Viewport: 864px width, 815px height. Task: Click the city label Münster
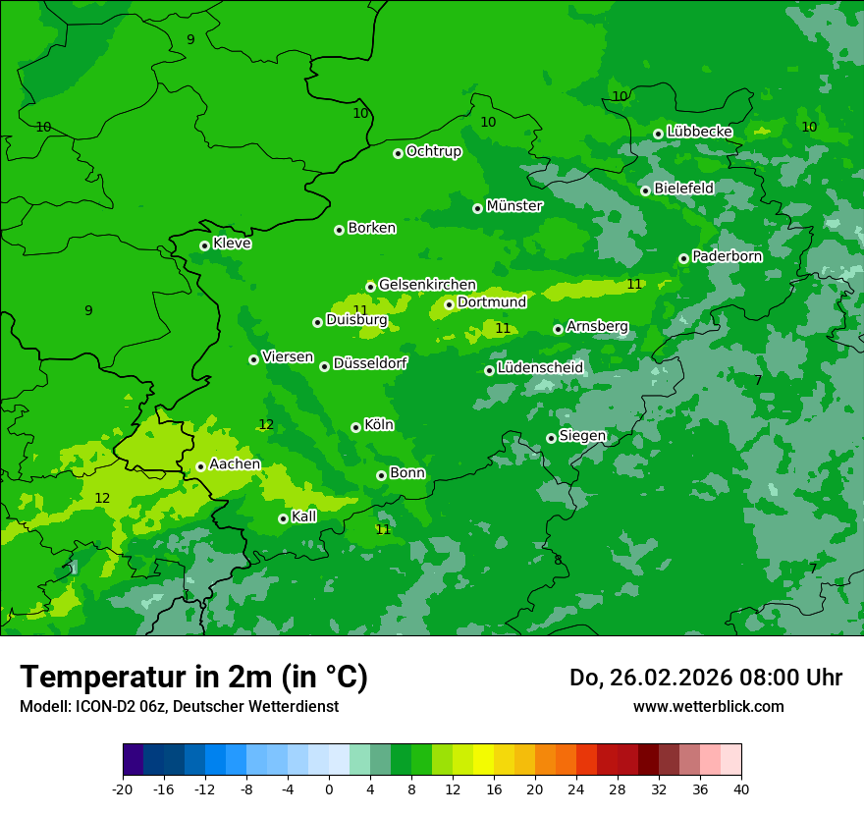tap(514, 206)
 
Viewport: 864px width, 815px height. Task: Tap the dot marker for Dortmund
tap(449, 304)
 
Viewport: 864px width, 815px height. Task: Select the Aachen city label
tap(236, 464)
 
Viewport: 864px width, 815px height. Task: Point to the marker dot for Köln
tap(355, 427)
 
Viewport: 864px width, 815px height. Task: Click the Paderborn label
tap(728, 256)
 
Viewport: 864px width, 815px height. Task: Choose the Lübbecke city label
tap(700, 132)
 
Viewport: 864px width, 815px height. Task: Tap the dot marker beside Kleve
tap(204, 245)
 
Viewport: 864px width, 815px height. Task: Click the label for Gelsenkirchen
tap(427, 285)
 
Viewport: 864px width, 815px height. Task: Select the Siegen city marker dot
tap(551, 438)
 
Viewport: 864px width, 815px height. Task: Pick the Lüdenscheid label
tap(541, 368)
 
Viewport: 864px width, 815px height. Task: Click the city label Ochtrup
tap(434, 151)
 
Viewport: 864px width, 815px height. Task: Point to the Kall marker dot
tap(283, 518)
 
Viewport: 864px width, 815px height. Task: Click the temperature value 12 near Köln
tap(266, 425)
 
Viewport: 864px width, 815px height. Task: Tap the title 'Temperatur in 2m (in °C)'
tap(193, 677)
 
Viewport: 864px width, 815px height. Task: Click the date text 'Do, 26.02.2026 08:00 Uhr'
tap(706, 678)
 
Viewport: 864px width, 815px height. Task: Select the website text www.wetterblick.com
tap(709, 706)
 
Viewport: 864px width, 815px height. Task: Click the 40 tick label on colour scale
tap(741, 789)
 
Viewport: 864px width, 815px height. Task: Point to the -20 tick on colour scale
tap(123, 789)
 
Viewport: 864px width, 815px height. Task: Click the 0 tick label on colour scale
tap(329, 789)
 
